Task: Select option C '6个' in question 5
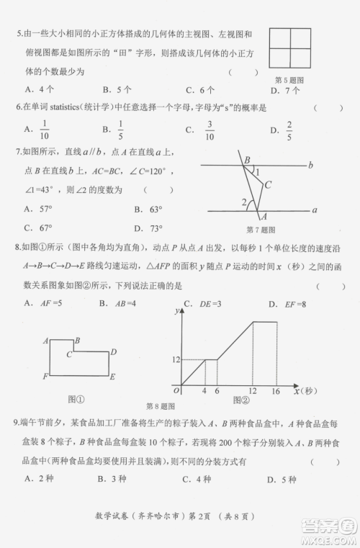coord(199,90)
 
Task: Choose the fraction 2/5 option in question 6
coord(289,130)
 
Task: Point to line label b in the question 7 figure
coord(310,165)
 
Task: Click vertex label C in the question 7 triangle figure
coord(267,185)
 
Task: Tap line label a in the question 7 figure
coord(315,210)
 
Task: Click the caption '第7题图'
coord(261,230)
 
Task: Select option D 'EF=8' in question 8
coord(294,303)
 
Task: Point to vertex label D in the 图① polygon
coord(113,351)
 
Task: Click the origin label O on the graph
coord(176,390)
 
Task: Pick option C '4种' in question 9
coord(200,479)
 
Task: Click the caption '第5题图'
coord(289,79)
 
